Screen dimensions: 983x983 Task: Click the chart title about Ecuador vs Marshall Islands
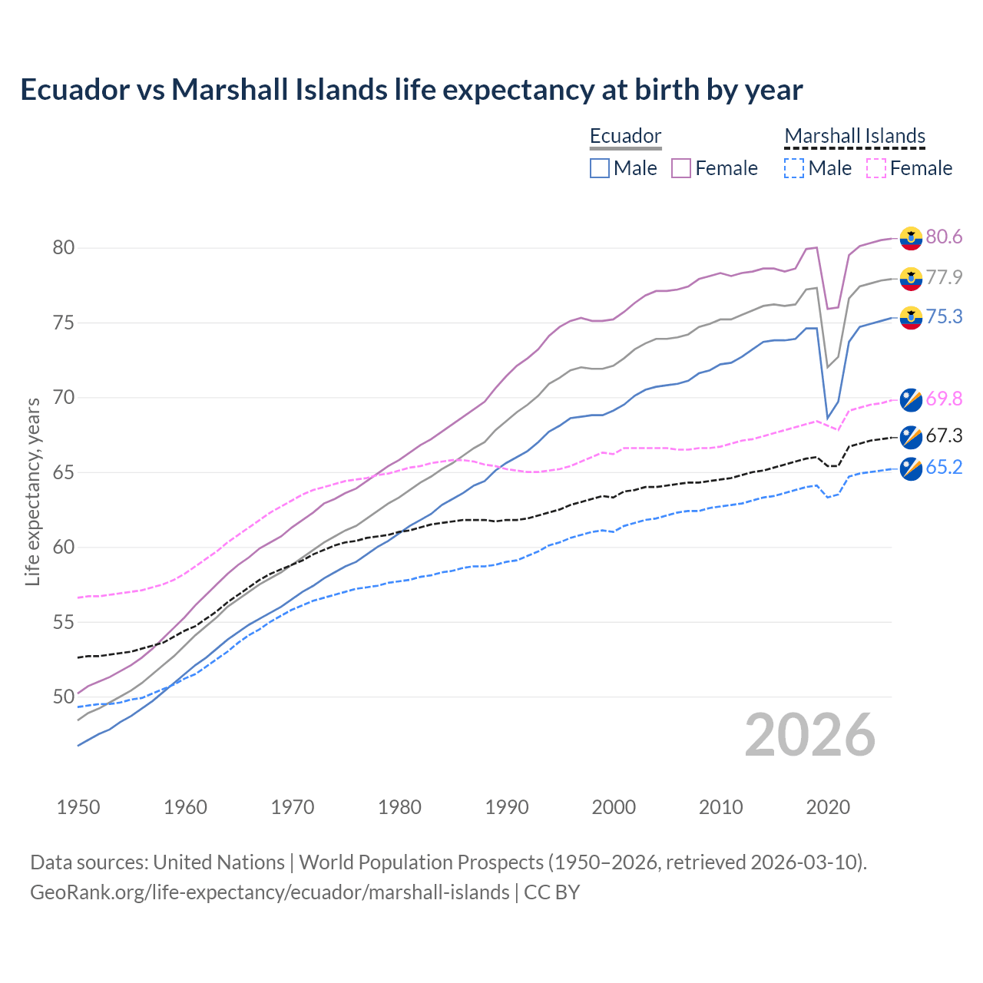pos(411,90)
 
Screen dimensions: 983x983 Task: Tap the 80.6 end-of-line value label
pos(944,237)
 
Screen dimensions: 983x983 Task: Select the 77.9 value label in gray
pos(944,277)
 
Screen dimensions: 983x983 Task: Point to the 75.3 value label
pos(944,317)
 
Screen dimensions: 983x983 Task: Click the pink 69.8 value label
pos(944,399)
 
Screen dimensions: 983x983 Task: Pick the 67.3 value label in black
pos(944,436)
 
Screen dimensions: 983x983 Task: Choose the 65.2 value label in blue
pos(944,468)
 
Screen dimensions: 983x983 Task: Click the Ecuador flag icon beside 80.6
pos(911,238)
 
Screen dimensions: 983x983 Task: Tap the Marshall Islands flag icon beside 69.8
pos(911,399)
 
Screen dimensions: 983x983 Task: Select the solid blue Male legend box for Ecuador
pos(600,168)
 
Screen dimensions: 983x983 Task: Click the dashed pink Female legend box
pos(876,168)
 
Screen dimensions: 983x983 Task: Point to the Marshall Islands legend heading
pos(855,137)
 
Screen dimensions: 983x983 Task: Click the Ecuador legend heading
pos(625,137)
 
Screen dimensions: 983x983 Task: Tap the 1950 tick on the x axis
pos(78,807)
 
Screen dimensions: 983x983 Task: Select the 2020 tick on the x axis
pos(828,807)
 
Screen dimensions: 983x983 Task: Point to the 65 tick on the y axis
pos(63,472)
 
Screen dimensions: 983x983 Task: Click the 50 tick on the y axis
pos(63,697)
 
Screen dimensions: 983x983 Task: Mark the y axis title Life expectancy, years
pos(33,491)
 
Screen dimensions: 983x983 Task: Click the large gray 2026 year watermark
pos(809,735)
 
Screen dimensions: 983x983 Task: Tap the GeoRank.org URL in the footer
pos(270,892)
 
